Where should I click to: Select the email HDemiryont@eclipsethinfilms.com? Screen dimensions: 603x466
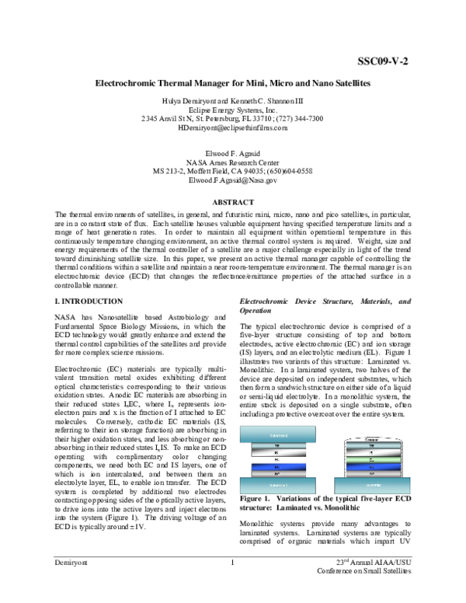tap(232, 128)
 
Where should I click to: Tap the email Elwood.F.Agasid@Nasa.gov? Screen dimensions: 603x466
tap(232, 180)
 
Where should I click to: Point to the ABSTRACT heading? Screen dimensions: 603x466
tap(232, 202)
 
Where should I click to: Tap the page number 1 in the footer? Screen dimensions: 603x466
tap(232, 583)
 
